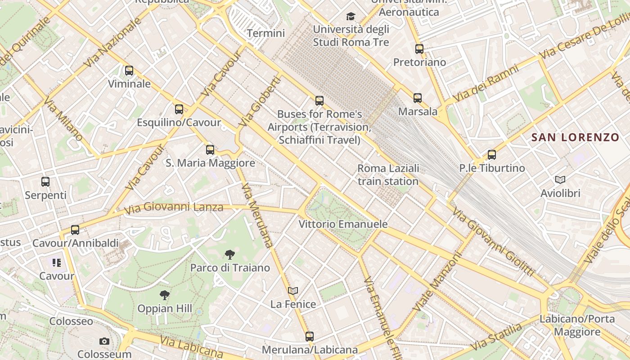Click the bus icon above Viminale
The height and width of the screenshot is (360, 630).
point(129,71)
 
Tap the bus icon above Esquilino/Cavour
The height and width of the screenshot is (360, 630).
point(179,109)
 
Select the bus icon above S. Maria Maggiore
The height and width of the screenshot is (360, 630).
point(210,150)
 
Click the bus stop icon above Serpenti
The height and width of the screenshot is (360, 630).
point(45,182)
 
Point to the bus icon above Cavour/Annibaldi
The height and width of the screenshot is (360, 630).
point(75,230)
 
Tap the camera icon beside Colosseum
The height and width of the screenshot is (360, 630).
point(104,342)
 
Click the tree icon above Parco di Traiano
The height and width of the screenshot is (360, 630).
point(230,255)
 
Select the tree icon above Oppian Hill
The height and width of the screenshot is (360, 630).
point(165,295)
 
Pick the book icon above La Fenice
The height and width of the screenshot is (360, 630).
point(293,291)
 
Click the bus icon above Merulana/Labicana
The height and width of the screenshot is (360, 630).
point(310,336)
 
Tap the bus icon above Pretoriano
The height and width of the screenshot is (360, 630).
point(419,49)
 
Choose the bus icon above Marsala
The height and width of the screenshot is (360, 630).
point(418,98)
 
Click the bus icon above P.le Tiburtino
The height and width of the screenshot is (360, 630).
point(492,155)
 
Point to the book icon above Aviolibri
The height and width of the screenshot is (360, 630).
point(560,180)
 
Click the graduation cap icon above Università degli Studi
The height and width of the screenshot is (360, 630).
point(351,17)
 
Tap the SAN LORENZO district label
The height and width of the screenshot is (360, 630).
point(576,137)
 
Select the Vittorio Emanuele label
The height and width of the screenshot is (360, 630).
point(343,224)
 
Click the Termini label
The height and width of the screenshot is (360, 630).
point(266,33)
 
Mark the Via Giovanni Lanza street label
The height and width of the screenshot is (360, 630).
point(174,208)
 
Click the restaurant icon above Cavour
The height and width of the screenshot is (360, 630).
point(56,262)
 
